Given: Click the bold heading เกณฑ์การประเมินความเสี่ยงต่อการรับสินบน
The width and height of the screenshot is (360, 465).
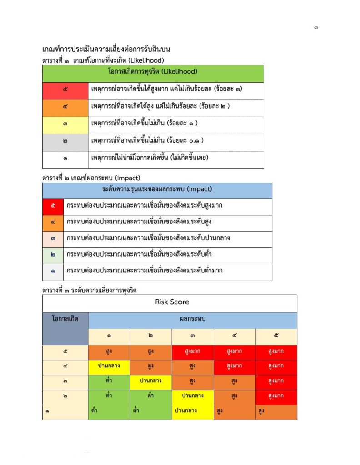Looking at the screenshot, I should pos(106,49).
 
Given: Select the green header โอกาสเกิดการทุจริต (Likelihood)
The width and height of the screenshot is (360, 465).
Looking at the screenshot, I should pos(153,72).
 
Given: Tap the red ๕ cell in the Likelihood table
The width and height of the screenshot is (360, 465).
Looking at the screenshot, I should pos(65,89).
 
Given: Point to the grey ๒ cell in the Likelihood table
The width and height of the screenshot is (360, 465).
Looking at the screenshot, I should pos(65,141).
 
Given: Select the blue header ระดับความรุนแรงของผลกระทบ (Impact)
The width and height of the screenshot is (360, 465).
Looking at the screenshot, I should pos(157,189).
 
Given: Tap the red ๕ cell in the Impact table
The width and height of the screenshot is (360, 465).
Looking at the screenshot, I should pos(54,206).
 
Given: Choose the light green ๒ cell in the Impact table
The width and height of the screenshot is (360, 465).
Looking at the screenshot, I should pos(54,255).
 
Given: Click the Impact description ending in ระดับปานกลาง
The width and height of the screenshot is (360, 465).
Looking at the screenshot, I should pos(148,238).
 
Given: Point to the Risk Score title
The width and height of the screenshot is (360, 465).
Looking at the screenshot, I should pos(172,302).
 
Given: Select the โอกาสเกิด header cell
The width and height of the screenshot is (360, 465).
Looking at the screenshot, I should pos(65,319).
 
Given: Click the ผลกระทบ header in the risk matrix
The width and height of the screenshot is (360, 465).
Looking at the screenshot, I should pos(193,319).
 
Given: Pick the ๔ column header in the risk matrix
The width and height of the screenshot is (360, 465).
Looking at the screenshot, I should pos(234,336).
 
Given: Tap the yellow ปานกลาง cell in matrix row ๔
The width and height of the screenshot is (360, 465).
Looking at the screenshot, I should pos(109,366).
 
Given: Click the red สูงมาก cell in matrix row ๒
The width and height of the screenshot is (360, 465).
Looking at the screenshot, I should pos(276,396).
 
